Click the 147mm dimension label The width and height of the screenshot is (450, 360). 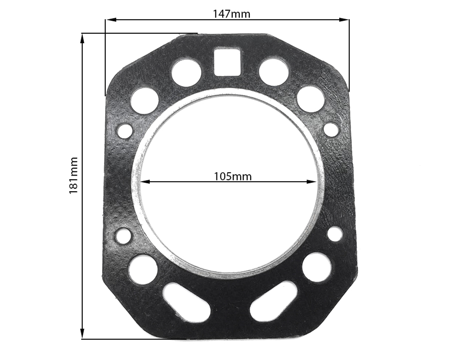coord(231,13)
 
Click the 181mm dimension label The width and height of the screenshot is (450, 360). coord(73,175)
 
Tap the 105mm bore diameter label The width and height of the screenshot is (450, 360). coord(233,176)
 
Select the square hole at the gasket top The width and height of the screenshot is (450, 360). coord(227,62)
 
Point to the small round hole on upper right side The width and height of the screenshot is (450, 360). coord(331,129)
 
